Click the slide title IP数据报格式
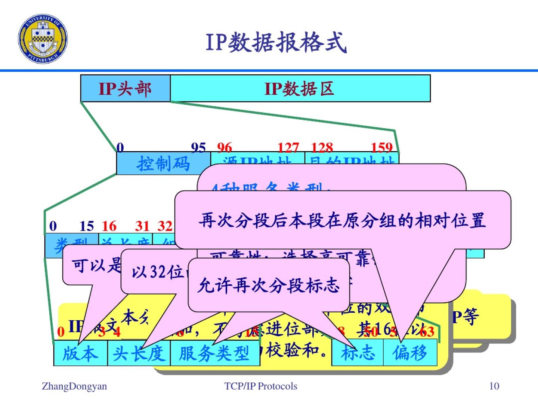point(276,42)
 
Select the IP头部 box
point(125,89)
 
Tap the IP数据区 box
point(300,89)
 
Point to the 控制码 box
point(163,163)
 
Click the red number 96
point(224,147)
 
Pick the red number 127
point(288,147)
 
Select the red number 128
point(322,147)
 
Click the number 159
point(381,147)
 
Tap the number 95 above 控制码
point(198,147)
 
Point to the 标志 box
point(358,353)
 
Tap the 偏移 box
point(410,353)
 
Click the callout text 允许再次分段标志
point(269,285)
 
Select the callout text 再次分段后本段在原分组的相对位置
point(342,220)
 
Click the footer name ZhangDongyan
point(74,386)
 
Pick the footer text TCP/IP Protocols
point(261,386)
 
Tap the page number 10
point(494,386)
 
